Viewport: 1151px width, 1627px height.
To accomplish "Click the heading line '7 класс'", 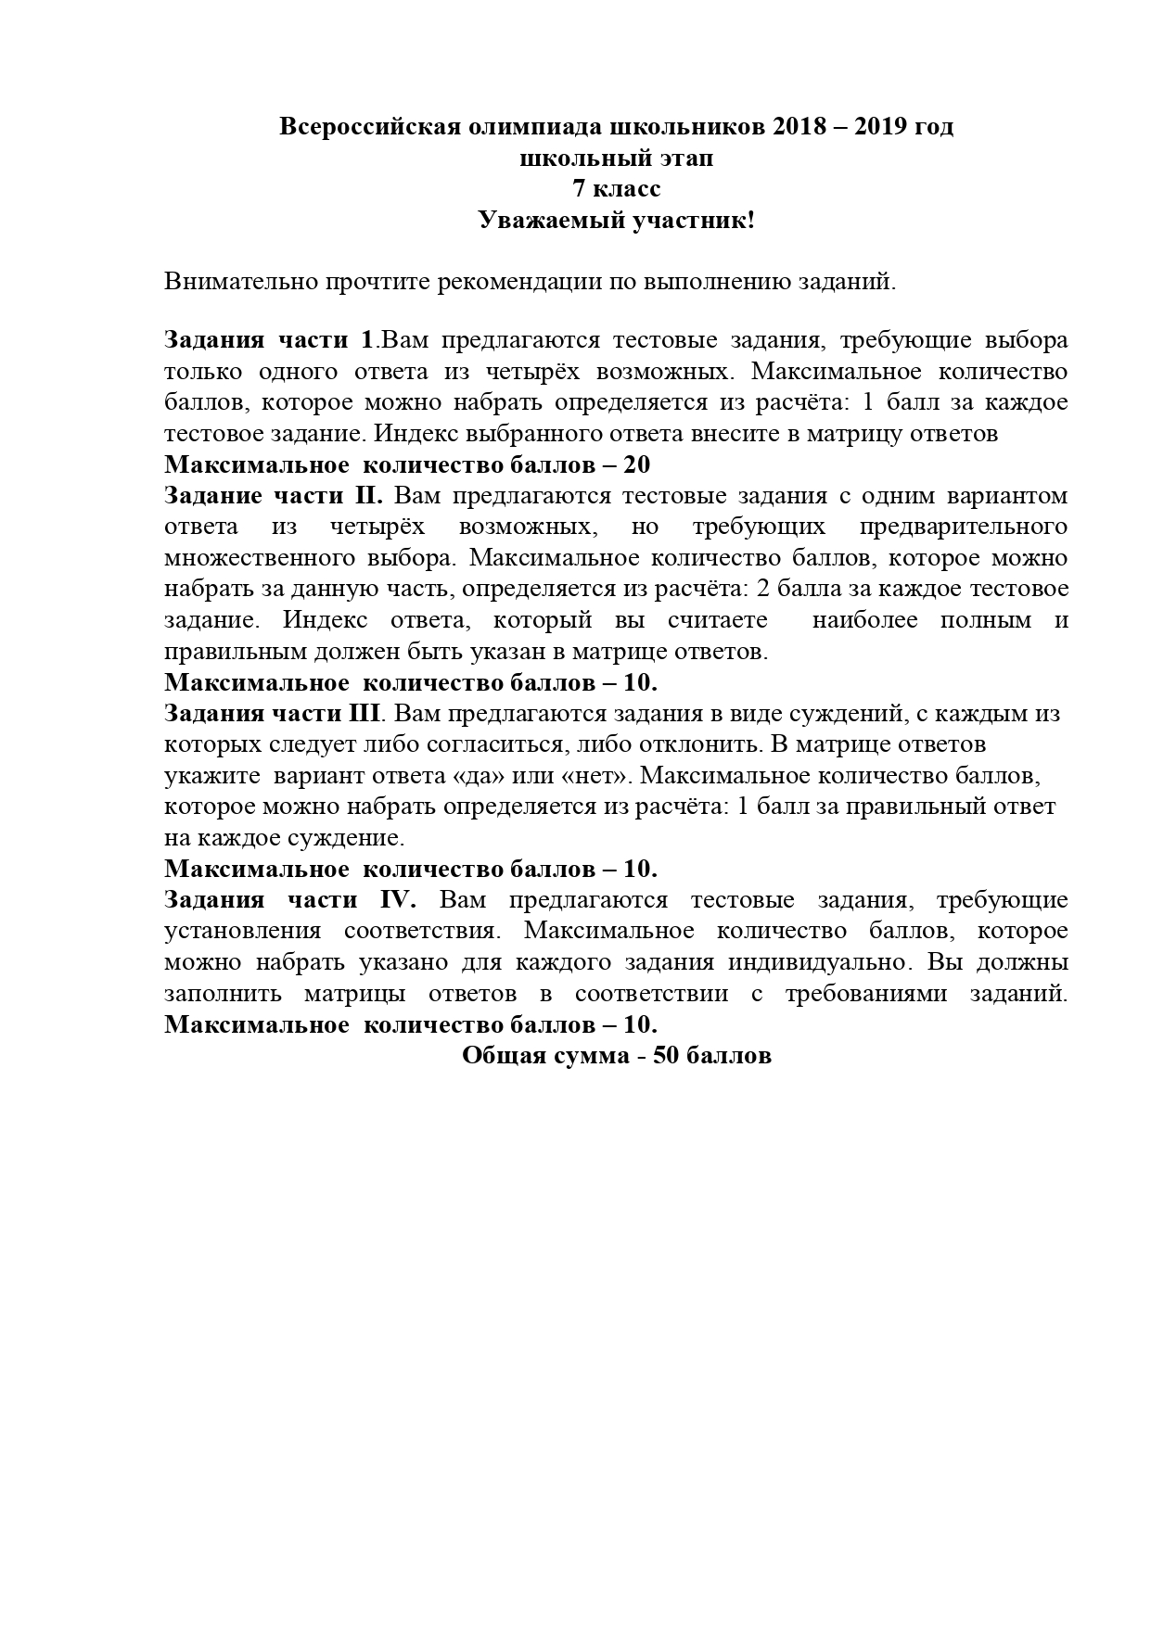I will pyautogui.click(x=616, y=189).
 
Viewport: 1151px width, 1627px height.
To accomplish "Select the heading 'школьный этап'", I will pyautogui.click(x=616, y=159).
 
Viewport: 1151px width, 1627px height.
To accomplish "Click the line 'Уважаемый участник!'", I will pyautogui.click(x=616, y=221).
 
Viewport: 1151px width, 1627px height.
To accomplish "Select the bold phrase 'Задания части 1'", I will pyautogui.click(x=269, y=340).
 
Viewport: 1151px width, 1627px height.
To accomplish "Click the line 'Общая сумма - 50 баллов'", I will pyautogui.click(x=616, y=1056).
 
